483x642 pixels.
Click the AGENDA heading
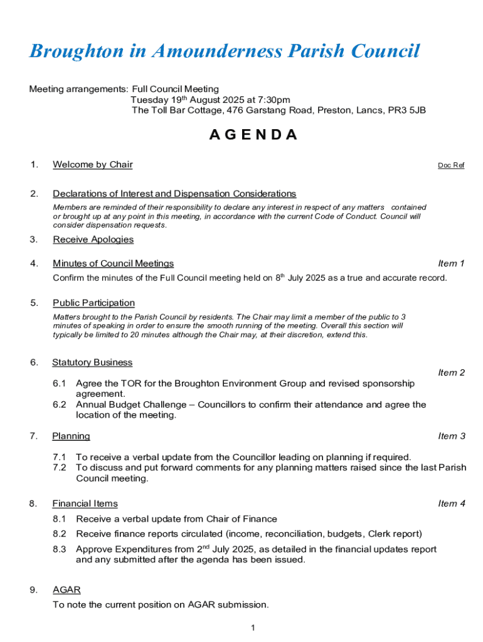253,135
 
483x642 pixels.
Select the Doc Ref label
451,166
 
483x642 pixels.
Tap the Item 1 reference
452,263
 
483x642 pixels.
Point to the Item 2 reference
452,372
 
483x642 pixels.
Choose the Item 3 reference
452,436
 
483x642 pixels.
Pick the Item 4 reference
452,503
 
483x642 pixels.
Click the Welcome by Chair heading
93,165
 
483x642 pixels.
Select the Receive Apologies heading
93,239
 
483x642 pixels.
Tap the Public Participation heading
93,303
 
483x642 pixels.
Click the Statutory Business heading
92,362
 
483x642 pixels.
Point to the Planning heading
71,436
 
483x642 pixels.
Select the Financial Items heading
85,503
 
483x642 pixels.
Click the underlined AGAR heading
66,590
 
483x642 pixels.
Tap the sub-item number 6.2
60,405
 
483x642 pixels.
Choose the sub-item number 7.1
60,457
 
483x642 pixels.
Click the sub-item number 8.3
60,549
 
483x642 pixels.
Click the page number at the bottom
252,628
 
